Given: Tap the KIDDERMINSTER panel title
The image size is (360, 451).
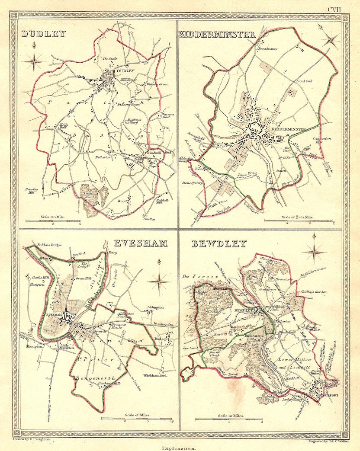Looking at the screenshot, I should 217,35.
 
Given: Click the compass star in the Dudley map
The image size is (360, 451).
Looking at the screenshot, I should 35,61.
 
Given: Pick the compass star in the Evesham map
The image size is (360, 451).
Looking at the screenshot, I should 159,281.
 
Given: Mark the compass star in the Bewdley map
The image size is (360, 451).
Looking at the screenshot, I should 314,251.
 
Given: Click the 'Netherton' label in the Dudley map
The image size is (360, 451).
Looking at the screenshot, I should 104,158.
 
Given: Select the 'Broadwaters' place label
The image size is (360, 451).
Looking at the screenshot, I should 267,49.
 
